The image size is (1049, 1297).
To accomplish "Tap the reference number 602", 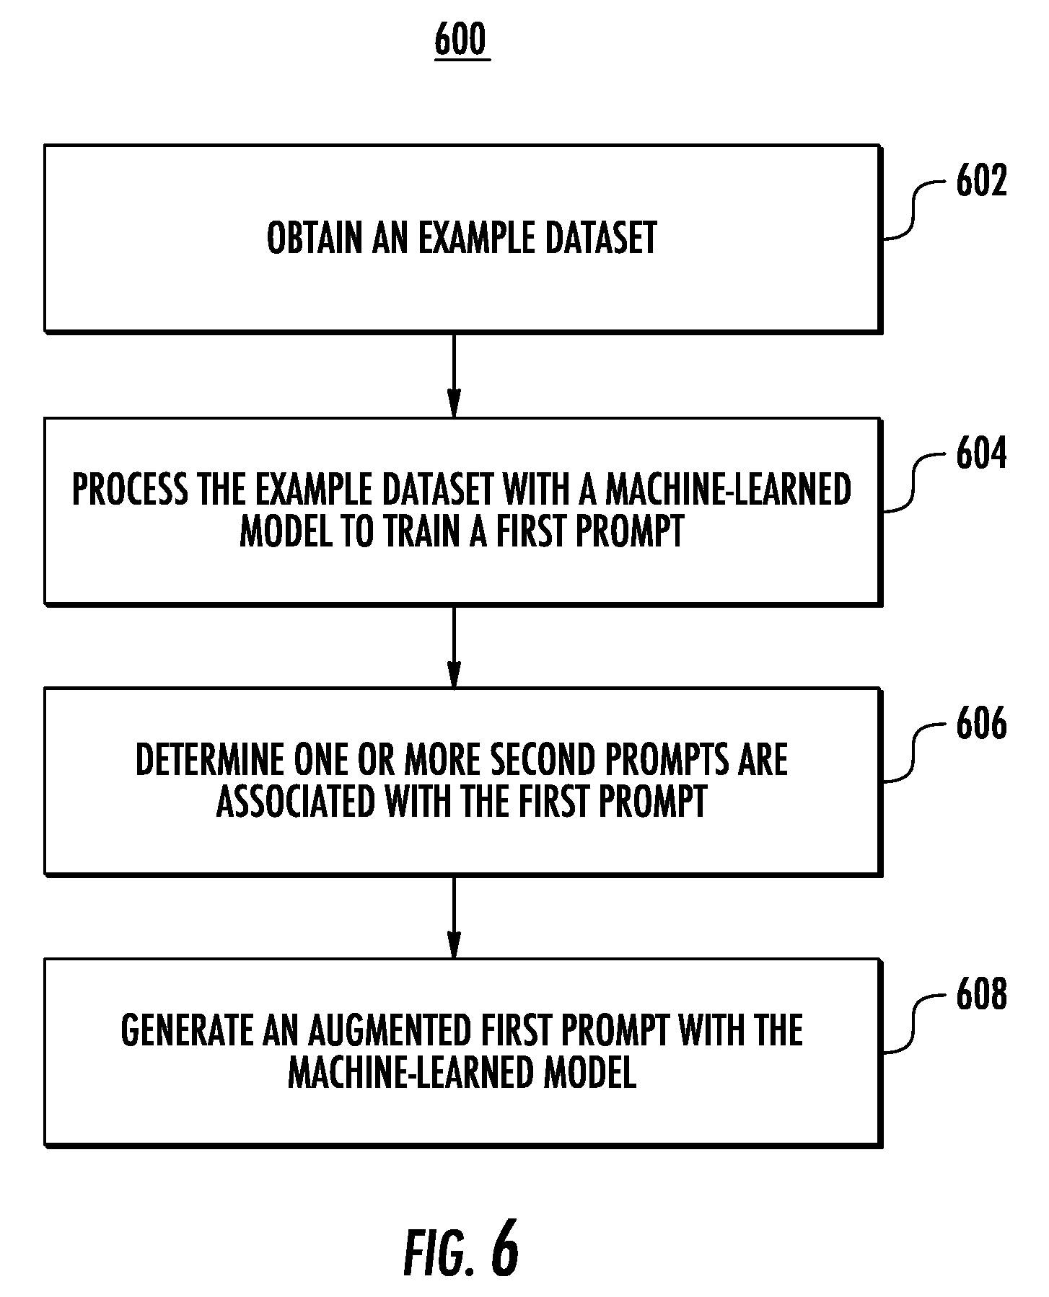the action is point(981,182).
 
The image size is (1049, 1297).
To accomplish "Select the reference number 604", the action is point(981,455).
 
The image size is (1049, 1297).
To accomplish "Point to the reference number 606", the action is point(981,725).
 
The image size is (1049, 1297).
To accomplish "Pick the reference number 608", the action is point(981,996).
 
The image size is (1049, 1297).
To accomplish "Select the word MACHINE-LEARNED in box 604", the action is point(729,490).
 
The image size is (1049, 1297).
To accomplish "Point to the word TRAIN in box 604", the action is point(421,533).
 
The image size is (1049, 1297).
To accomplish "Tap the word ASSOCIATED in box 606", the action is point(296,802).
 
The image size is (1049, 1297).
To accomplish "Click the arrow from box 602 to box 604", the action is point(454,375).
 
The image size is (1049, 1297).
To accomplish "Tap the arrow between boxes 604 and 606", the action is point(454,647).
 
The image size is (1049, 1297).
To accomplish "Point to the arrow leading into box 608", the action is point(454,917).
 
